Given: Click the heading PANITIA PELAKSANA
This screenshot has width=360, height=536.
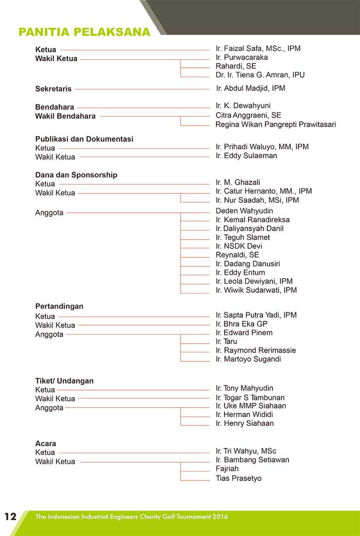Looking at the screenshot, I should coord(84,32).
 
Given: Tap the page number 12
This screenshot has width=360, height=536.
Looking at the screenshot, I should coord(10,517).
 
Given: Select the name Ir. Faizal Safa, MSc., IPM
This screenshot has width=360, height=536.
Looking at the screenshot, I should coord(258,48).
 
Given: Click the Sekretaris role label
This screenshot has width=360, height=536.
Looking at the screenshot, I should coord(53,88).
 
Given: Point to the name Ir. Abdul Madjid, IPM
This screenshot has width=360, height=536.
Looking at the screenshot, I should coord(250,88).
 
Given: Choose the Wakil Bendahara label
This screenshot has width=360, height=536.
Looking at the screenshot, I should coord(65,116).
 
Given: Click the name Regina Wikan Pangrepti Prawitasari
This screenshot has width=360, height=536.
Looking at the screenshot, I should coord(275,125).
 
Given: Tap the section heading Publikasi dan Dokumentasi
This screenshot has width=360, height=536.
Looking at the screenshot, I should coord(84,139).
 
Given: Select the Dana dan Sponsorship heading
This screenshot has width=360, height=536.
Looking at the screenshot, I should coord(76,175).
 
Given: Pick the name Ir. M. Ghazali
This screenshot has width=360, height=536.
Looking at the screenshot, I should coord(238,183).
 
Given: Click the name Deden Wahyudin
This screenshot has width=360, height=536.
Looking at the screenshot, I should coord(244,211).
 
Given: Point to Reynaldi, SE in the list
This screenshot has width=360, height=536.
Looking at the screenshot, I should coord(237,255).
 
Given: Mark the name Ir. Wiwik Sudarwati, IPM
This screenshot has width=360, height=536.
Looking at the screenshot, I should coord(256,290).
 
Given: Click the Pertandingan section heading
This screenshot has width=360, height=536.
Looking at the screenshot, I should coord(59,306).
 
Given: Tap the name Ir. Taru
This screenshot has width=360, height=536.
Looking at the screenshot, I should coord(226,342).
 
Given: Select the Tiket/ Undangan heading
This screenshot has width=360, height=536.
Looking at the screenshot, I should coord(64,381).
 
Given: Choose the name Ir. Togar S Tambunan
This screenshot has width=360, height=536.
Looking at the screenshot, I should coord(250,398).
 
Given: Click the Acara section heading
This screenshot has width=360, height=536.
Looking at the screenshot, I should coord(46,444).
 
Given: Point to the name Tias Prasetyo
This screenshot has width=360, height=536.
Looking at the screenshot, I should coord(238,479).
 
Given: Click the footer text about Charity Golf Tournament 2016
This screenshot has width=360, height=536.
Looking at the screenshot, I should coord(131,517).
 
